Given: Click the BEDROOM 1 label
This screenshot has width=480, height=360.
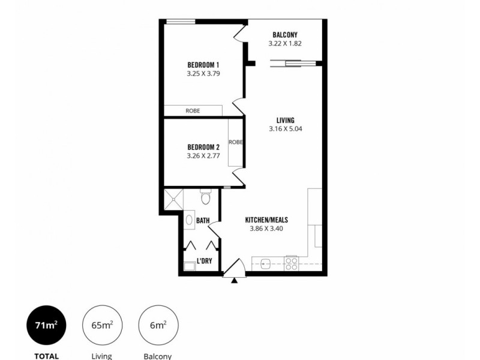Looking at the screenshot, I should [x=203, y=65].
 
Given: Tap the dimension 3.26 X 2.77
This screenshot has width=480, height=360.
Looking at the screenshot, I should [x=203, y=156].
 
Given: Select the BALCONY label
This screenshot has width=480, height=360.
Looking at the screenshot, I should [x=285, y=35].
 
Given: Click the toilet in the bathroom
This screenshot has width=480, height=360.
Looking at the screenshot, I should [x=205, y=197].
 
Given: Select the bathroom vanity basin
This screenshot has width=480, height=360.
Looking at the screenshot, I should [x=188, y=220].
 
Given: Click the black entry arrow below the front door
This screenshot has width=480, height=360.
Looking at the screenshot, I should [x=234, y=279].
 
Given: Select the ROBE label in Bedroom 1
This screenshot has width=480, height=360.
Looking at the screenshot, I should [x=193, y=111].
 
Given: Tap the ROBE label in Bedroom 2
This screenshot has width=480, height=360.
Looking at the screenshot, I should [x=236, y=142].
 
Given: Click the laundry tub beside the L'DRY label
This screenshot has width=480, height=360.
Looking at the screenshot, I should [x=189, y=266].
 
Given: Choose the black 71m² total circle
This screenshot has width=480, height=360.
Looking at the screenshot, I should [x=46, y=326].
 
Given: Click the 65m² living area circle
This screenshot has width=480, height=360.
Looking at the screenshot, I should [x=101, y=326].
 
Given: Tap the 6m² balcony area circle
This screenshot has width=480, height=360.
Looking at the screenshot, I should [x=158, y=326].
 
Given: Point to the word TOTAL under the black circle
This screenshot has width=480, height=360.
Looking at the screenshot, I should [x=46, y=356].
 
